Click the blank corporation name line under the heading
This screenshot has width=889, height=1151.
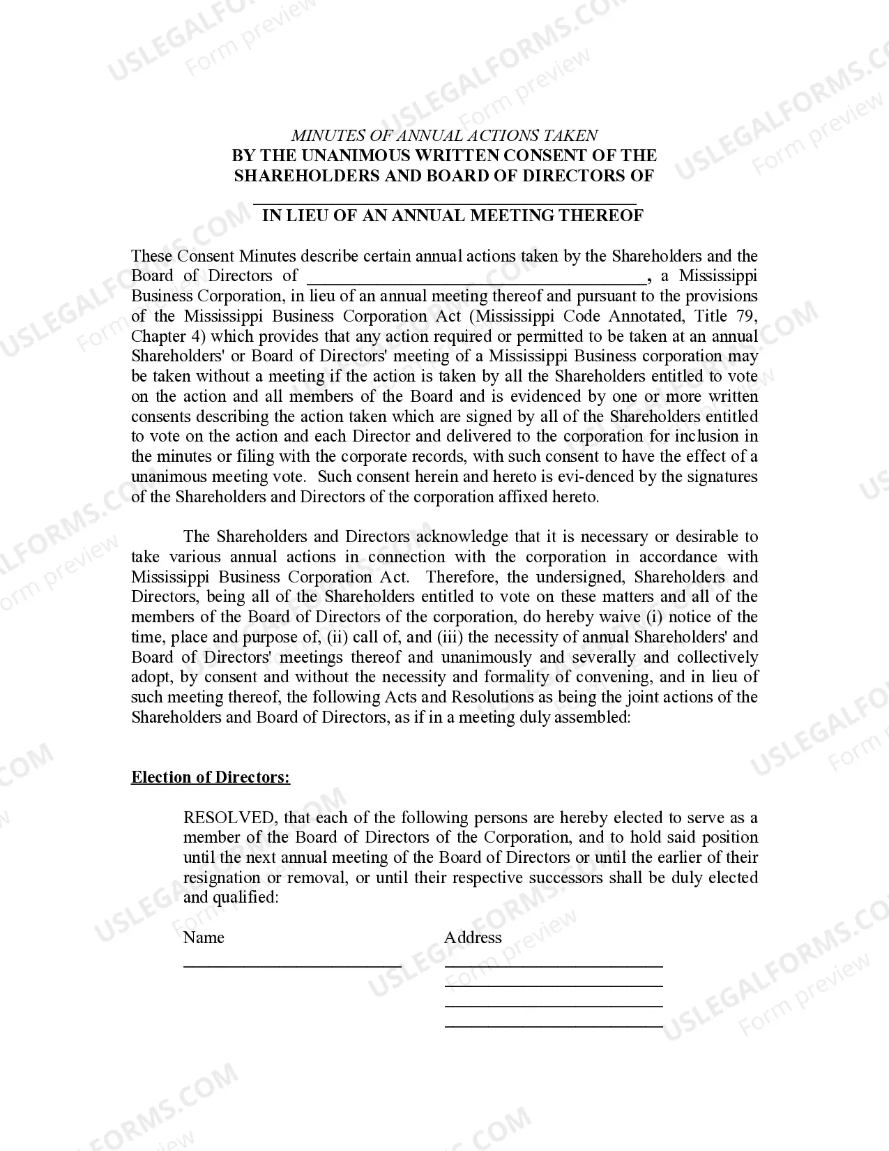pyautogui.click(x=444, y=202)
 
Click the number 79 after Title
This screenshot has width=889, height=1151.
pyautogui.click(x=745, y=316)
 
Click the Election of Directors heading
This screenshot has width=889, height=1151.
pyautogui.click(x=211, y=778)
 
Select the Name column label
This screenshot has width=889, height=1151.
pyautogui.click(x=204, y=938)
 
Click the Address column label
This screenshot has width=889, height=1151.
pyautogui.click(x=473, y=938)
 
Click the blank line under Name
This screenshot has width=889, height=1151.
pyautogui.click(x=292, y=965)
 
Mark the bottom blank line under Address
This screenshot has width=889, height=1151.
pyautogui.click(x=554, y=1025)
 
